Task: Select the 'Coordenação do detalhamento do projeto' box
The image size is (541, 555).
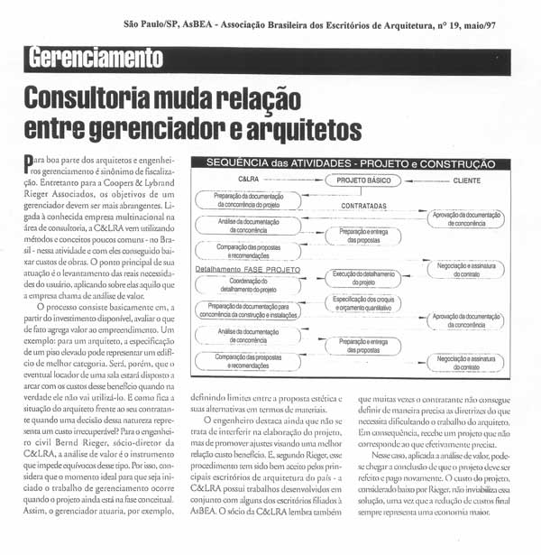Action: point(249,283)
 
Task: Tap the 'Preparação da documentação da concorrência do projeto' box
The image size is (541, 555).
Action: point(249,200)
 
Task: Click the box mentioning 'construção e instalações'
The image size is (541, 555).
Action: point(249,312)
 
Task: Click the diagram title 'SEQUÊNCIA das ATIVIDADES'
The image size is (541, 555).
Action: point(297,164)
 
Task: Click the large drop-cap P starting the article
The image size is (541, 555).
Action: point(27,163)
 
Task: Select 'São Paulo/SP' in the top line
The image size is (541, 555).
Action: point(153,24)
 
